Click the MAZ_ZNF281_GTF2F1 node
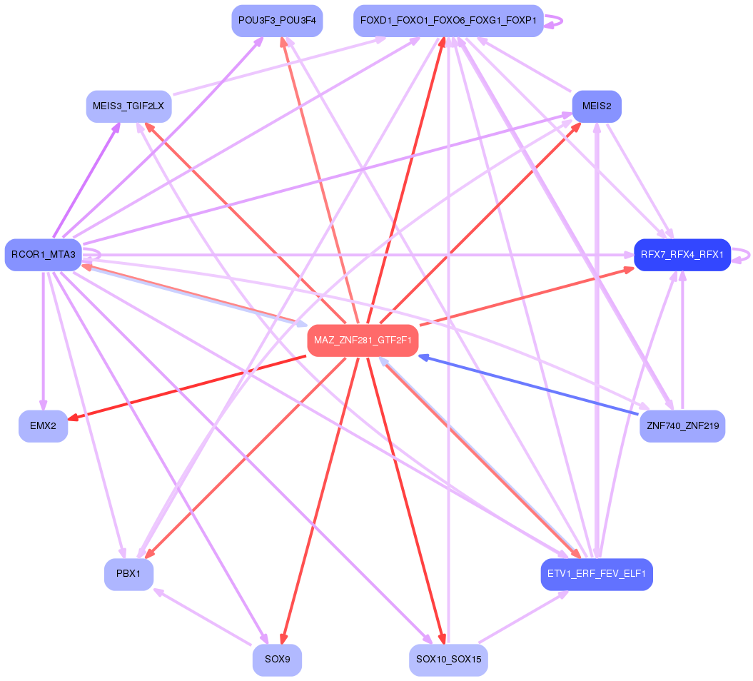(x=363, y=340)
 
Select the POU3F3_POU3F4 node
(x=277, y=21)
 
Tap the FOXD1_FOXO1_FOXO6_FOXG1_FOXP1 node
(x=448, y=21)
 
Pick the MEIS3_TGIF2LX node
(x=128, y=106)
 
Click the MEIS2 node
(x=597, y=106)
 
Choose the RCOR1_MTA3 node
(x=43, y=255)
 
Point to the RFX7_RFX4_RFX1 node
(x=682, y=254)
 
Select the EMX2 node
(x=43, y=426)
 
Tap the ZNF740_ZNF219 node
(x=682, y=426)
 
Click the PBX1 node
(x=128, y=573)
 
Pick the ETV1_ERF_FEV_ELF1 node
(x=597, y=573)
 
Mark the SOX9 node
(x=277, y=660)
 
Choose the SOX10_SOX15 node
(x=448, y=660)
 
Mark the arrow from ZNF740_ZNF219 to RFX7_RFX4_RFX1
(x=683, y=343)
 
